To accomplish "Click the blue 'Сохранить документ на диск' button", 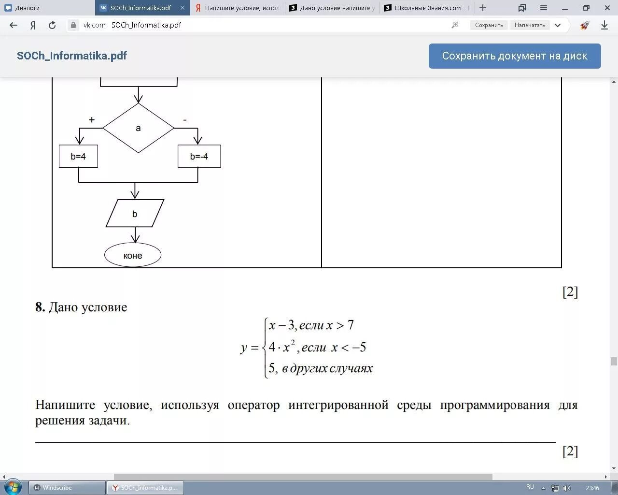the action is pyautogui.click(x=515, y=56).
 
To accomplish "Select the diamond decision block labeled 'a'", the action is pyautogui.click(x=138, y=128).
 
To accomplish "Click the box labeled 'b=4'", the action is pyautogui.click(x=78, y=156).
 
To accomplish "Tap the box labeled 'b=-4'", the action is pyautogui.click(x=199, y=156).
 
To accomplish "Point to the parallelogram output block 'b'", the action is pyautogui.click(x=135, y=214).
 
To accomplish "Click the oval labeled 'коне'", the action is pyautogui.click(x=133, y=256).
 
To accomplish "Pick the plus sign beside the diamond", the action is pyautogui.click(x=92, y=120).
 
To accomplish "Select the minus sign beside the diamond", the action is pyautogui.click(x=185, y=120).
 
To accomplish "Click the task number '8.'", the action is pyautogui.click(x=40, y=307).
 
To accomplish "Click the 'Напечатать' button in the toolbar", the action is pyautogui.click(x=530, y=25).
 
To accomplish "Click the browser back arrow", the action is pyautogui.click(x=14, y=25).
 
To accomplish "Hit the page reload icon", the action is pyautogui.click(x=52, y=25).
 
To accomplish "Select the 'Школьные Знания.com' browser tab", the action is pyautogui.click(x=427, y=8).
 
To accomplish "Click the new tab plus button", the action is pyautogui.click(x=482, y=8).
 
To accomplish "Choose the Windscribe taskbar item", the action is pyautogui.click(x=67, y=488).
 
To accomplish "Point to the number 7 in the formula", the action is pyautogui.click(x=351, y=325).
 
